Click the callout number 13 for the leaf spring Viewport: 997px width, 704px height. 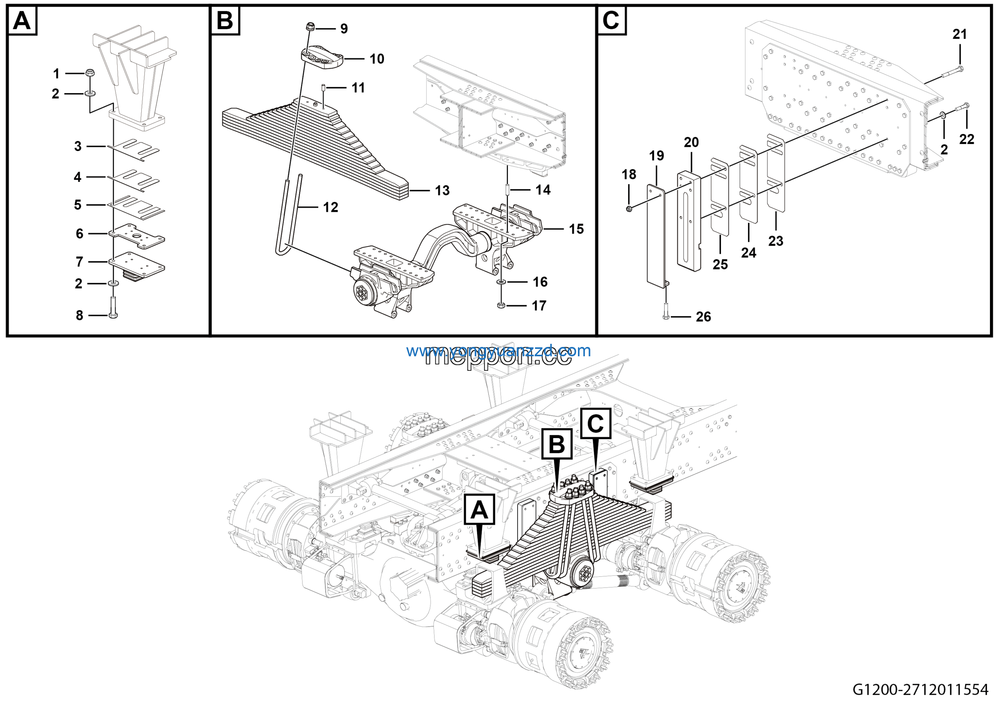[x=442, y=190]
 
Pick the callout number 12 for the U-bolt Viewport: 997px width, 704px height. [x=331, y=207]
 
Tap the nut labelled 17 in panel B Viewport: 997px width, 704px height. [x=501, y=306]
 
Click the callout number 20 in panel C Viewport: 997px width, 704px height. [x=691, y=143]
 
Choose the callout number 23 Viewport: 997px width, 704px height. [x=775, y=241]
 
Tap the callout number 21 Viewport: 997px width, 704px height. [x=960, y=34]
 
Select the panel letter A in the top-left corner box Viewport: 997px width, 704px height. [x=22, y=20]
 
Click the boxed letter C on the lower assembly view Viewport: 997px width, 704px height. [x=596, y=423]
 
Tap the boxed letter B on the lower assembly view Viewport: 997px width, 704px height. [x=557, y=444]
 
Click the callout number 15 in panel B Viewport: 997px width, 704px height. [x=576, y=229]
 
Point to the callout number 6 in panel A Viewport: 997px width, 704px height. [x=79, y=234]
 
